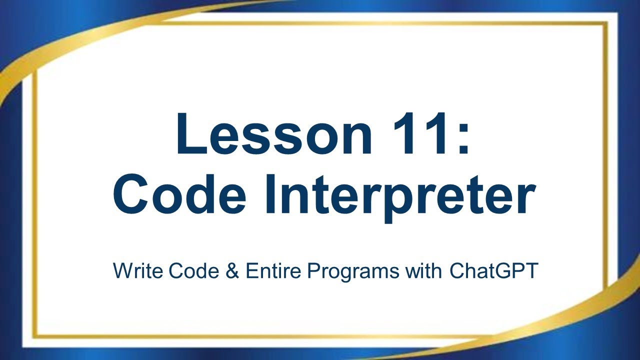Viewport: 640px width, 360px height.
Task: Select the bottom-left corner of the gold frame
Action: click(34, 336)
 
